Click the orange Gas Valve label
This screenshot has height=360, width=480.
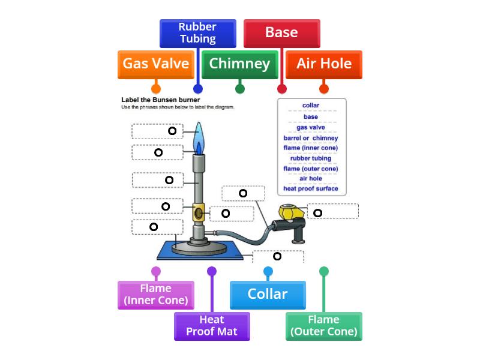pyautogui.click(x=156, y=64)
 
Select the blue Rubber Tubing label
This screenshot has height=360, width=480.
pyautogui.click(x=197, y=33)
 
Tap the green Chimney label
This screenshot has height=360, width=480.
pyautogui.click(x=239, y=64)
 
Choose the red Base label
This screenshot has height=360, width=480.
pyautogui.click(x=281, y=33)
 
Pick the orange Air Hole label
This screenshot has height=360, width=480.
pyautogui.click(x=324, y=64)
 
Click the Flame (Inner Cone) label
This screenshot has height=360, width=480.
pyautogui.click(x=155, y=295)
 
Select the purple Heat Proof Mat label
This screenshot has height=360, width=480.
pyautogui.click(x=212, y=326)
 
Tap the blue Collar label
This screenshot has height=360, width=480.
pyautogui.click(x=268, y=295)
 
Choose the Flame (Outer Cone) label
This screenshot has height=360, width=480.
pyautogui.click(x=324, y=326)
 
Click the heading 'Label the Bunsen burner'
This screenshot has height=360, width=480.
pyautogui.click(x=160, y=100)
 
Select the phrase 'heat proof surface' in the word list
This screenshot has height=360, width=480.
pyautogui.click(x=311, y=188)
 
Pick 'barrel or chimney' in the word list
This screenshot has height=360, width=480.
pyautogui.click(x=311, y=138)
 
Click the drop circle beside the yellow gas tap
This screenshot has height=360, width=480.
pyautogui.click(x=318, y=212)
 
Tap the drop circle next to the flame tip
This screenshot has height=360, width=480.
pyautogui.click(x=172, y=131)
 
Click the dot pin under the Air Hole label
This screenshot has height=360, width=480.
pyautogui.click(x=324, y=89)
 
